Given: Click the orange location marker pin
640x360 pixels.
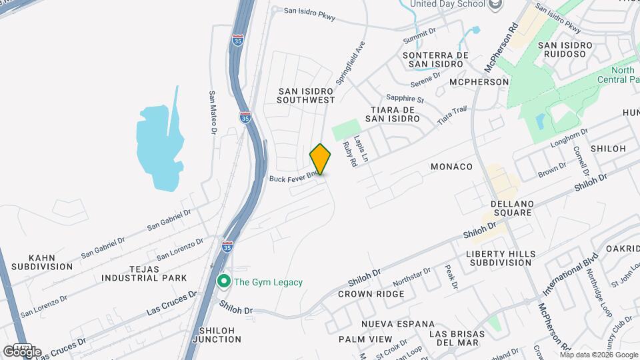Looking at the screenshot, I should coord(320,159).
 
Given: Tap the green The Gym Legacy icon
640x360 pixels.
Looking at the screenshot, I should coord(225,282).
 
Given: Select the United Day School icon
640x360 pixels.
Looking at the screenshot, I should coord(495,5).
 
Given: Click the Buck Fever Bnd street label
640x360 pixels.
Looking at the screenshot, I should coord(293,179).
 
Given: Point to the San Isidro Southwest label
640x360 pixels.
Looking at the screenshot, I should coord(306,95).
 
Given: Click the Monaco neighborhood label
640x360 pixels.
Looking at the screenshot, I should coord(451,166).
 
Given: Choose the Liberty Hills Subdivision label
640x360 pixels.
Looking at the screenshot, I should coord(500,258).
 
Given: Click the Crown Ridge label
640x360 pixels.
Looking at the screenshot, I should coord(371,293).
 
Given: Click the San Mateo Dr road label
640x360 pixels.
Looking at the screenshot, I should coord(213,113).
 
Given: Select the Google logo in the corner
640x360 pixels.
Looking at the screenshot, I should coord(22,351).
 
